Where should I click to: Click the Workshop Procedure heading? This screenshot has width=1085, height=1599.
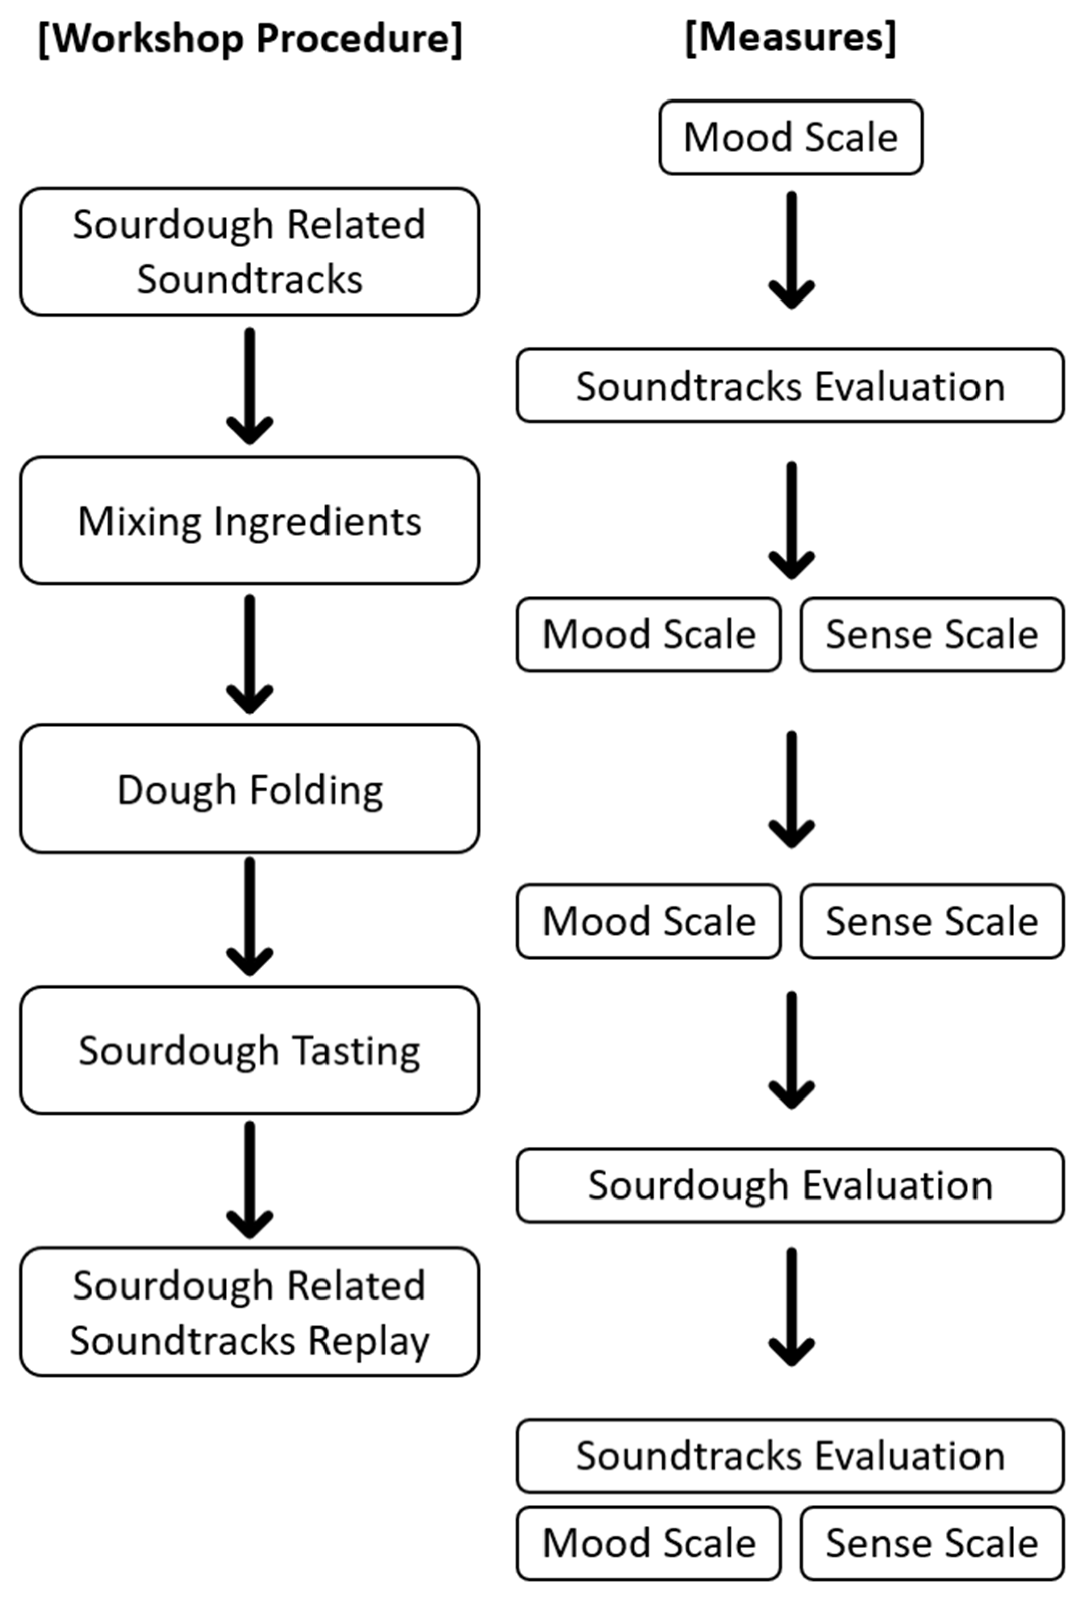250,39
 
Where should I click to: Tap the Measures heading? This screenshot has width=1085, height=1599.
791,37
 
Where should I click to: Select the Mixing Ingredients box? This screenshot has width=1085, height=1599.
250,521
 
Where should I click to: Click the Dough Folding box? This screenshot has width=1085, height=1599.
250,789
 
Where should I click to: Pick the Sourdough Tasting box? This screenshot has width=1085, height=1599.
250,1051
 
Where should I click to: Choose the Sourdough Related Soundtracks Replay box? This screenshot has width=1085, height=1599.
250,1313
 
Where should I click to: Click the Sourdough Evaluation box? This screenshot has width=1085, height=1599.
790,1185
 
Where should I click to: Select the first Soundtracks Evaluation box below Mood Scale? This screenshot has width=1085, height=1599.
790,386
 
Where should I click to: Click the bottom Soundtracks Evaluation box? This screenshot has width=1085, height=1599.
790,1456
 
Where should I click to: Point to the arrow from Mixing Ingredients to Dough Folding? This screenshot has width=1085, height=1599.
250,654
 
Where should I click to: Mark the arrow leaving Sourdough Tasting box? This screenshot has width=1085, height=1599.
250,1180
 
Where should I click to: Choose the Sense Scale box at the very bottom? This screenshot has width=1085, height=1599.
932,1543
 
